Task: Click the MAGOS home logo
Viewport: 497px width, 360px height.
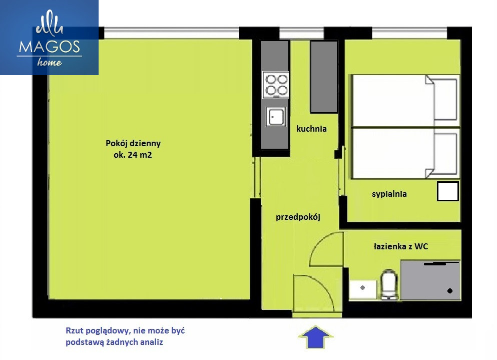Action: (x=49, y=38)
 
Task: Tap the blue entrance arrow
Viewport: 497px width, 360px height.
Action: (x=316, y=337)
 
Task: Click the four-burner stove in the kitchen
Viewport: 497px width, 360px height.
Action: (x=276, y=85)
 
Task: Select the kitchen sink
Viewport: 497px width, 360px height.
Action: (x=276, y=116)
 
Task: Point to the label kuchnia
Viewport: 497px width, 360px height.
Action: (x=311, y=129)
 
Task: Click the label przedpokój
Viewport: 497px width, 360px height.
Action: (x=298, y=217)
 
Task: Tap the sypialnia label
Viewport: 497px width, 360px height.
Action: (x=389, y=194)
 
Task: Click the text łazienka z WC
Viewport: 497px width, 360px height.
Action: (x=401, y=246)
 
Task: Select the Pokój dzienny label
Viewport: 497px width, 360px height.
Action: (x=133, y=144)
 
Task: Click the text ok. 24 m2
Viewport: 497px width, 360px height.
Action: (x=133, y=155)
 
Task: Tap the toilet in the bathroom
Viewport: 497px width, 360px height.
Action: (x=389, y=284)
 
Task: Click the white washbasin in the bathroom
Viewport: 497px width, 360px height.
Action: (x=363, y=289)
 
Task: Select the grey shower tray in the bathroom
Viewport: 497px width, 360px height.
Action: (x=430, y=280)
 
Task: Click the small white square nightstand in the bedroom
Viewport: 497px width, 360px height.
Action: (x=448, y=191)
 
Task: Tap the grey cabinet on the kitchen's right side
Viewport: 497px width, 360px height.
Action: (x=324, y=77)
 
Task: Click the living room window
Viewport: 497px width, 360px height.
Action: (x=172, y=33)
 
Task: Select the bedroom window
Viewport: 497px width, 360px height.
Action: (x=409, y=33)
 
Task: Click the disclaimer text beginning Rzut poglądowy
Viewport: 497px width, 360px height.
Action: (x=125, y=336)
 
